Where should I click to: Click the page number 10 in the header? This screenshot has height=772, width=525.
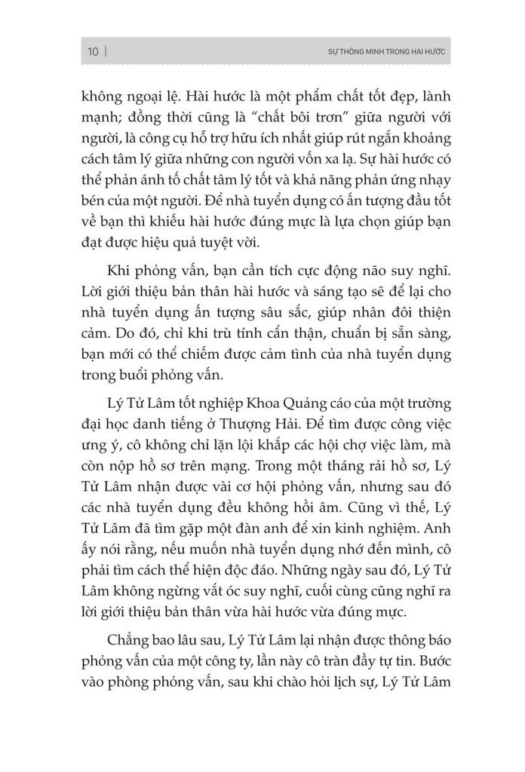pos(94,52)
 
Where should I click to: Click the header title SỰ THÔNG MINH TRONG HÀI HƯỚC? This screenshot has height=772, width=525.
pos(382,52)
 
